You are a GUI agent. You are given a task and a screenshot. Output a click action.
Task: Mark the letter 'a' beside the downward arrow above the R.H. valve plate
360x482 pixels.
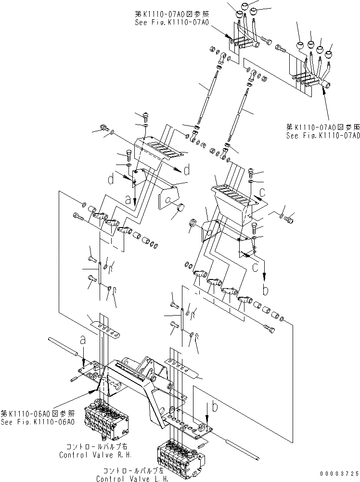point(83,340)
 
